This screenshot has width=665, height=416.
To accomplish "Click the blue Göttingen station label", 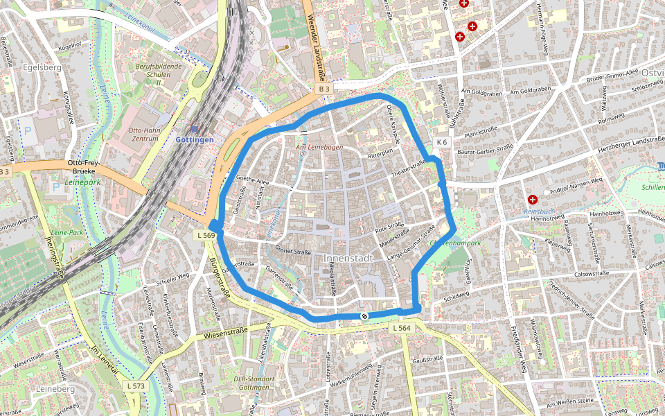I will [195, 139].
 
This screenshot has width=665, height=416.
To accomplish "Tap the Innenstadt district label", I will [348, 258].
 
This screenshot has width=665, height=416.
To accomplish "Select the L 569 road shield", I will [206, 236].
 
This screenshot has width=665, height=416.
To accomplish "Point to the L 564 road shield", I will [401, 328].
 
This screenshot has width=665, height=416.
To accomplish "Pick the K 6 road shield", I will [442, 142].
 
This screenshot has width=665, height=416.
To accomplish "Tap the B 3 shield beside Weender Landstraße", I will [324, 89].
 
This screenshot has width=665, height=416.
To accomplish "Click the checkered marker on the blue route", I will [364, 316].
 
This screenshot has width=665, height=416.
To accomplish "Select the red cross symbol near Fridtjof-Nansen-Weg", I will [533, 199].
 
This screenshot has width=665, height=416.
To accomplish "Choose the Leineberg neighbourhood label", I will [55, 390].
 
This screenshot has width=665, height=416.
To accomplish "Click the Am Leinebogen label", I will [319, 148].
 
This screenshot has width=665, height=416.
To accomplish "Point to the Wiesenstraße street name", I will [227, 333].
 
